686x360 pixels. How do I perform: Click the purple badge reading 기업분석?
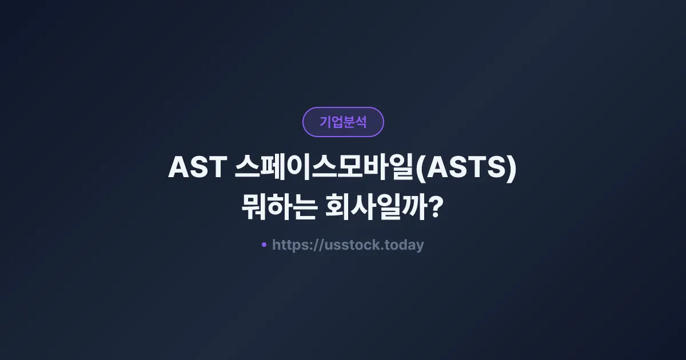[x=343, y=122]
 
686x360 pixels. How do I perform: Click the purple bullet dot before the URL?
[x=264, y=245]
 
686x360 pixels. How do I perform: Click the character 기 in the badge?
[x=325, y=122]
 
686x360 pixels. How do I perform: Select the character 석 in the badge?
[x=361, y=122]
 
